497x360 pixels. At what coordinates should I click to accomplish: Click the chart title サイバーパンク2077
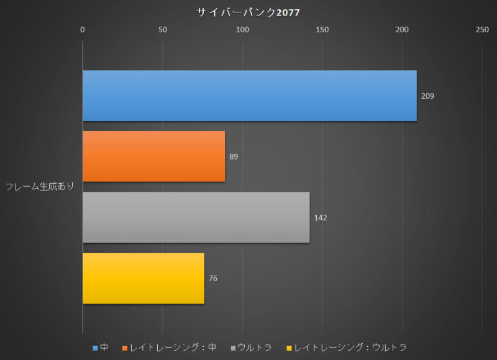click(x=248, y=12)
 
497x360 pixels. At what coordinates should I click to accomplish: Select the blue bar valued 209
click(x=249, y=96)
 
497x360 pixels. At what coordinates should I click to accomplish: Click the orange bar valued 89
click(x=153, y=156)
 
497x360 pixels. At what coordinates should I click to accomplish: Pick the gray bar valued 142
click(x=196, y=217)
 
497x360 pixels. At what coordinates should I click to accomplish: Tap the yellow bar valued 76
click(x=143, y=278)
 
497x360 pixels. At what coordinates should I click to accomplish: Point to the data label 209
click(x=427, y=96)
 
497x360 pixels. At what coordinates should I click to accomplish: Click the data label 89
click(x=234, y=157)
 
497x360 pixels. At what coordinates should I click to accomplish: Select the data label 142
click(x=321, y=218)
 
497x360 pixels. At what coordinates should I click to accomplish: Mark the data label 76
click(x=213, y=279)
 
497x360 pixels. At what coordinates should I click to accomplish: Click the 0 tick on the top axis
click(x=83, y=29)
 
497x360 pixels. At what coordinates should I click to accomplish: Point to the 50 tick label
click(x=162, y=29)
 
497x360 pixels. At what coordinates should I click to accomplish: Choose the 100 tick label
click(x=242, y=29)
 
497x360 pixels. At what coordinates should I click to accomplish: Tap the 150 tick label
click(x=322, y=29)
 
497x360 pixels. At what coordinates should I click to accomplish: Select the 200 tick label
click(x=402, y=29)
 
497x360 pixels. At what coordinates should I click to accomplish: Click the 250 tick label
click(x=481, y=29)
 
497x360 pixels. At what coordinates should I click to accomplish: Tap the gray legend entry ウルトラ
click(x=251, y=348)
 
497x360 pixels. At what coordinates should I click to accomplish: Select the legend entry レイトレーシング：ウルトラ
click(x=346, y=348)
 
